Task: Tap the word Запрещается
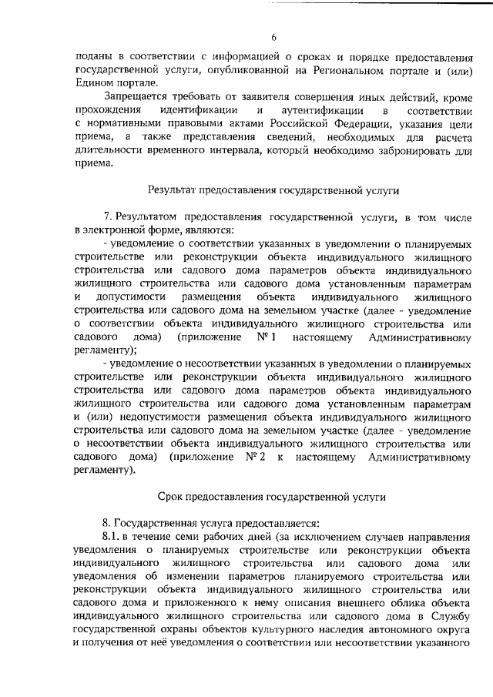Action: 139,98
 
